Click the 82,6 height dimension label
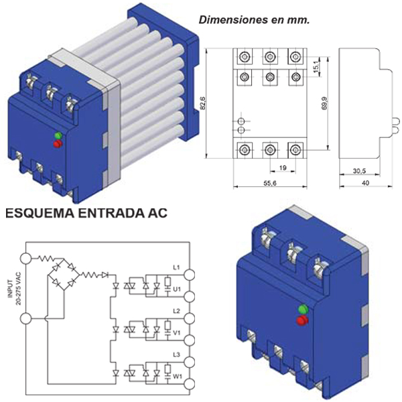click(203, 103)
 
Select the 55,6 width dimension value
click(270, 183)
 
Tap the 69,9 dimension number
click(324, 103)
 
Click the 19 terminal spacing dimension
click(283, 168)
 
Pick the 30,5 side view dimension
click(359, 171)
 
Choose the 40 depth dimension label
click(365, 183)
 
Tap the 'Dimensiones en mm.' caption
click(254, 20)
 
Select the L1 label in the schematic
click(176, 267)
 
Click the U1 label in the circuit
click(177, 289)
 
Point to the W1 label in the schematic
click(178, 377)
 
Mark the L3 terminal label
click(176, 355)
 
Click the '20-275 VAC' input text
click(19, 288)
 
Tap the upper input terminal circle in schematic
click(26, 259)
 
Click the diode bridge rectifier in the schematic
click(64, 275)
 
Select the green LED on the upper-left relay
click(58, 135)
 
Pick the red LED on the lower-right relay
click(303, 321)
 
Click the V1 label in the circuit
click(177, 333)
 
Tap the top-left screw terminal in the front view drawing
click(245, 56)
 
